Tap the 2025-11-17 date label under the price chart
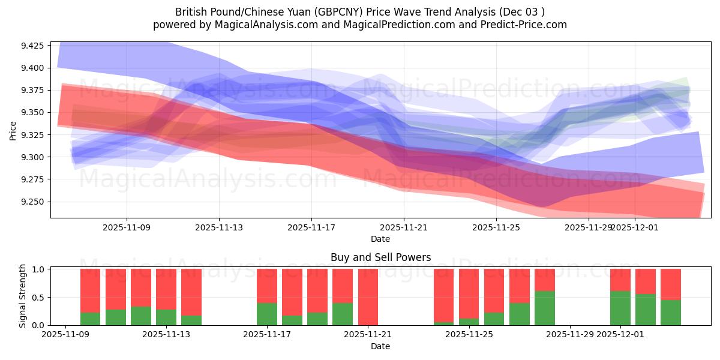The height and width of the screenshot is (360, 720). pyautogui.click(x=311, y=227)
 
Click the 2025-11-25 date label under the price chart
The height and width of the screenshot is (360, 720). pyautogui.click(x=496, y=227)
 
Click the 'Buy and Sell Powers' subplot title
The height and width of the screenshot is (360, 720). pyautogui.click(x=380, y=257)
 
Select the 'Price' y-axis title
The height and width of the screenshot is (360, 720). pyautogui.click(x=13, y=130)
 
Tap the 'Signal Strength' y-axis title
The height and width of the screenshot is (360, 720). pyautogui.click(x=23, y=296)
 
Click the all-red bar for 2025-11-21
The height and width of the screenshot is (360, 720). pyautogui.click(x=368, y=297)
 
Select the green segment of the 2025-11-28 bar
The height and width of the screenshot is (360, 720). pyautogui.click(x=545, y=308)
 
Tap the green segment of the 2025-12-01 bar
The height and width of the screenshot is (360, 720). pyautogui.click(x=620, y=308)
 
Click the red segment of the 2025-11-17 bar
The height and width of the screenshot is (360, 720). pyautogui.click(x=267, y=286)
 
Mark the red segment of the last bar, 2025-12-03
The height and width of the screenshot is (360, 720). pyautogui.click(x=671, y=284)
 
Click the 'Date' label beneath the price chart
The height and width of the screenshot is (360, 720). pyautogui.click(x=380, y=239)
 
